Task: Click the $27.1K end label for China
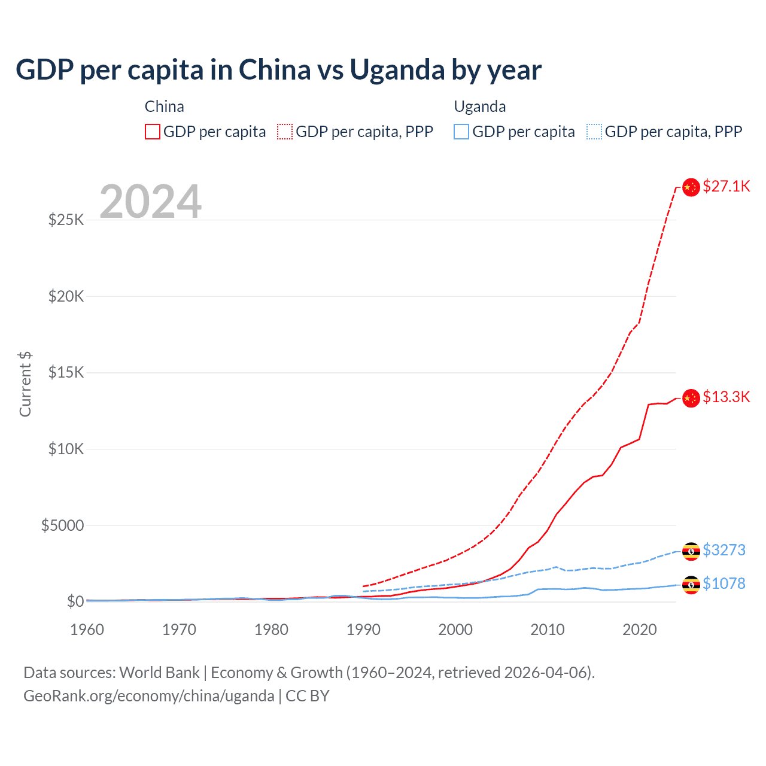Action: click(726, 186)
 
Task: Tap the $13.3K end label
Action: click(726, 397)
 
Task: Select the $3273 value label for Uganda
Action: click(724, 550)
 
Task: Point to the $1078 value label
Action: click(724, 583)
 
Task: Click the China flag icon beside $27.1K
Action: click(691, 187)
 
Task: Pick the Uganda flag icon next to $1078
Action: click(691, 585)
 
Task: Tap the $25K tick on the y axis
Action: click(66, 220)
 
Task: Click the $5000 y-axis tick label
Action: click(63, 525)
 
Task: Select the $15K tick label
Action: click(66, 372)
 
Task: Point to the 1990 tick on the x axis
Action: click(363, 630)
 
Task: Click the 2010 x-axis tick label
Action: click(548, 630)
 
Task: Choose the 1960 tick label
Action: click(87, 630)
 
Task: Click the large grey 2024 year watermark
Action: click(150, 202)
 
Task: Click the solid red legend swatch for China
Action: click(153, 132)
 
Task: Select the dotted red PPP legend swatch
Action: click(285, 132)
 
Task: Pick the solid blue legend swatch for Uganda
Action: click(461, 132)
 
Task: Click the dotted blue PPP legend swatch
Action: click(594, 132)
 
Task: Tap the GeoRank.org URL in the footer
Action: click(148, 696)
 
